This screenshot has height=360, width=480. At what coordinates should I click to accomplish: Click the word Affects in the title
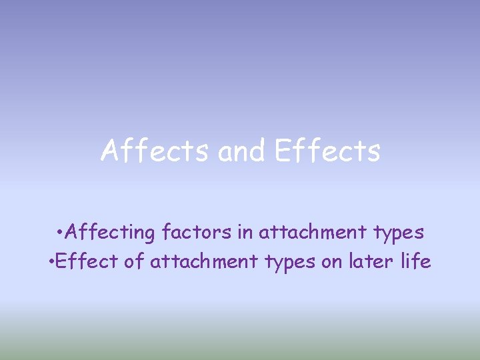[x=156, y=151]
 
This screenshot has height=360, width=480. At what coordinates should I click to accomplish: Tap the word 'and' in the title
[x=241, y=151]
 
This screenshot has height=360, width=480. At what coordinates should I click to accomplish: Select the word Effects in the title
[x=327, y=151]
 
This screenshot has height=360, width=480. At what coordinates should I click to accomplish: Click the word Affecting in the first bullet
[x=112, y=232]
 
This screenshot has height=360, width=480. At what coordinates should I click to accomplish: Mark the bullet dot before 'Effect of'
[x=52, y=261]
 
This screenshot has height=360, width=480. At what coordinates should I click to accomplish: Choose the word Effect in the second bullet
[x=88, y=261]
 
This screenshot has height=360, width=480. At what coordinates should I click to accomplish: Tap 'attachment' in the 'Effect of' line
[x=203, y=261]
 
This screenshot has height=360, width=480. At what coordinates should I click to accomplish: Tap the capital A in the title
[x=109, y=151]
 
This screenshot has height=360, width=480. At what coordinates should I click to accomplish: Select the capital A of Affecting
[x=73, y=232]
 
